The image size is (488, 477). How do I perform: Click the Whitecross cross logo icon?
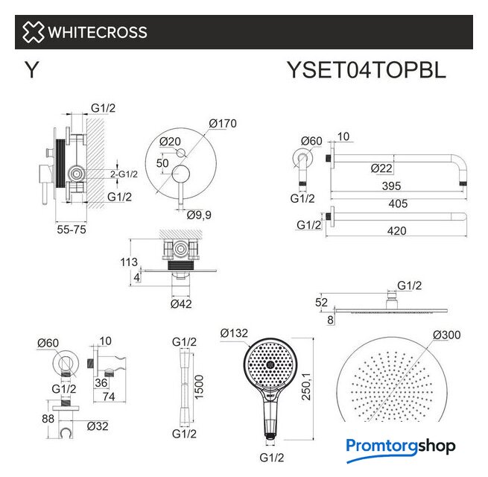click(33, 32)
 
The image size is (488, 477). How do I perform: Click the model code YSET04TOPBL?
click(367, 70)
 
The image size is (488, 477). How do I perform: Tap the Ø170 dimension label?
click(223, 124)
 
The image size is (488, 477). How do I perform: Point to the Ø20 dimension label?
click(170, 142)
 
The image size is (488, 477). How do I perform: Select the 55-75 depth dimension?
click(72, 230)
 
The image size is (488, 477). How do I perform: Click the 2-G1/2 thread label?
click(124, 174)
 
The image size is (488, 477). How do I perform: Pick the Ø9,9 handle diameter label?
click(199, 215)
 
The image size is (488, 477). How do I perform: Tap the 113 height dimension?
click(129, 262)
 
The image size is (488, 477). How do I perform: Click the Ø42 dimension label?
click(181, 304)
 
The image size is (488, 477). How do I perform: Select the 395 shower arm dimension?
click(392, 186)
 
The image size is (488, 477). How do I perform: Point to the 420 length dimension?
click(397, 231)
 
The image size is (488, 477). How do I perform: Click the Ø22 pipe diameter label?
click(381, 168)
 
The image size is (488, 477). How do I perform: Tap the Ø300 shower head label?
click(447, 335)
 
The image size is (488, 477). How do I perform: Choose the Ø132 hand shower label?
click(234, 333)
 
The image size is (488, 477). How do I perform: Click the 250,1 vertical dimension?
click(306, 387)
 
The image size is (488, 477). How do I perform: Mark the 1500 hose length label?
click(199, 387)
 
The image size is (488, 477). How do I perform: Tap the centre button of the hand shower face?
click(269, 364)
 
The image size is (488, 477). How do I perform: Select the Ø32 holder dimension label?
click(98, 426)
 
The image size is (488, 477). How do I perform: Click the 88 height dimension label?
click(48, 419)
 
